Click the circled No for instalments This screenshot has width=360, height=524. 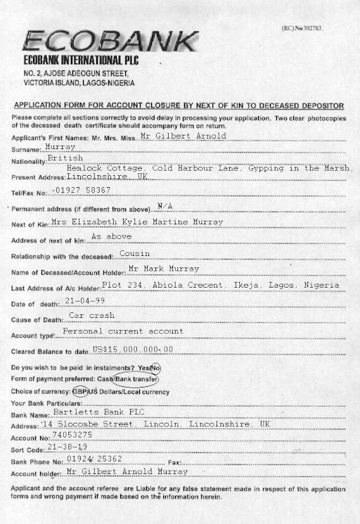pyautogui.click(x=156, y=368)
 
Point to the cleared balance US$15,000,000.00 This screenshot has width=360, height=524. pyautogui.click(x=132, y=349)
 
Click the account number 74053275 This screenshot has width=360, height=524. pyautogui.click(x=72, y=435)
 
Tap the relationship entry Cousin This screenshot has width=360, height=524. pyautogui.click(x=134, y=253)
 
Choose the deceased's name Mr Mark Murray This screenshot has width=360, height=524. pyautogui.click(x=164, y=269)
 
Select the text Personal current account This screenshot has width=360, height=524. pyautogui.click(x=123, y=331)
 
